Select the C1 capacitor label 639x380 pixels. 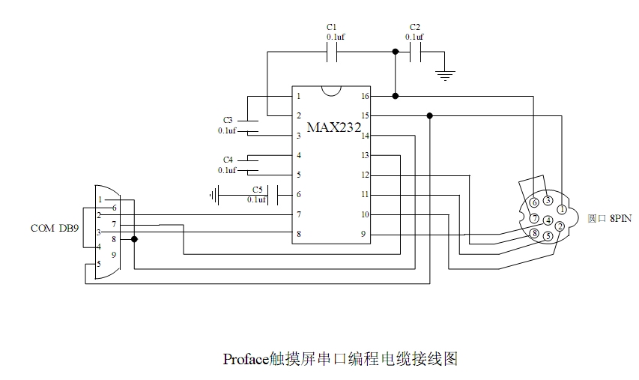point(333,27)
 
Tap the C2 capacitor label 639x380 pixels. point(415,27)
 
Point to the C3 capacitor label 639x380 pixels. point(228,120)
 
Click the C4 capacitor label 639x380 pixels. point(228,160)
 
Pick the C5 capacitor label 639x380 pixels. point(257,190)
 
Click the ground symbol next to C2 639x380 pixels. point(446,74)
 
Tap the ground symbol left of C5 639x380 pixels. point(215,195)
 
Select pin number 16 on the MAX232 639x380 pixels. point(365,96)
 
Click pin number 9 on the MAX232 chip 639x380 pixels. point(365,235)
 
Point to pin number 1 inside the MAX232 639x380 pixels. point(298,96)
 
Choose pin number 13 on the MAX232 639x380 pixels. point(365,155)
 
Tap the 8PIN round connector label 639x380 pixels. point(610,218)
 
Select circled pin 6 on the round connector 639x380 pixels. point(534,202)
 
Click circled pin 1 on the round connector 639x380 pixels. point(562,209)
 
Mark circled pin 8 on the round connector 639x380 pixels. point(534,234)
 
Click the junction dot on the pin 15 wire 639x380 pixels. point(429,115)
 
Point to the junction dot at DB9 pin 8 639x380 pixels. point(134,239)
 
